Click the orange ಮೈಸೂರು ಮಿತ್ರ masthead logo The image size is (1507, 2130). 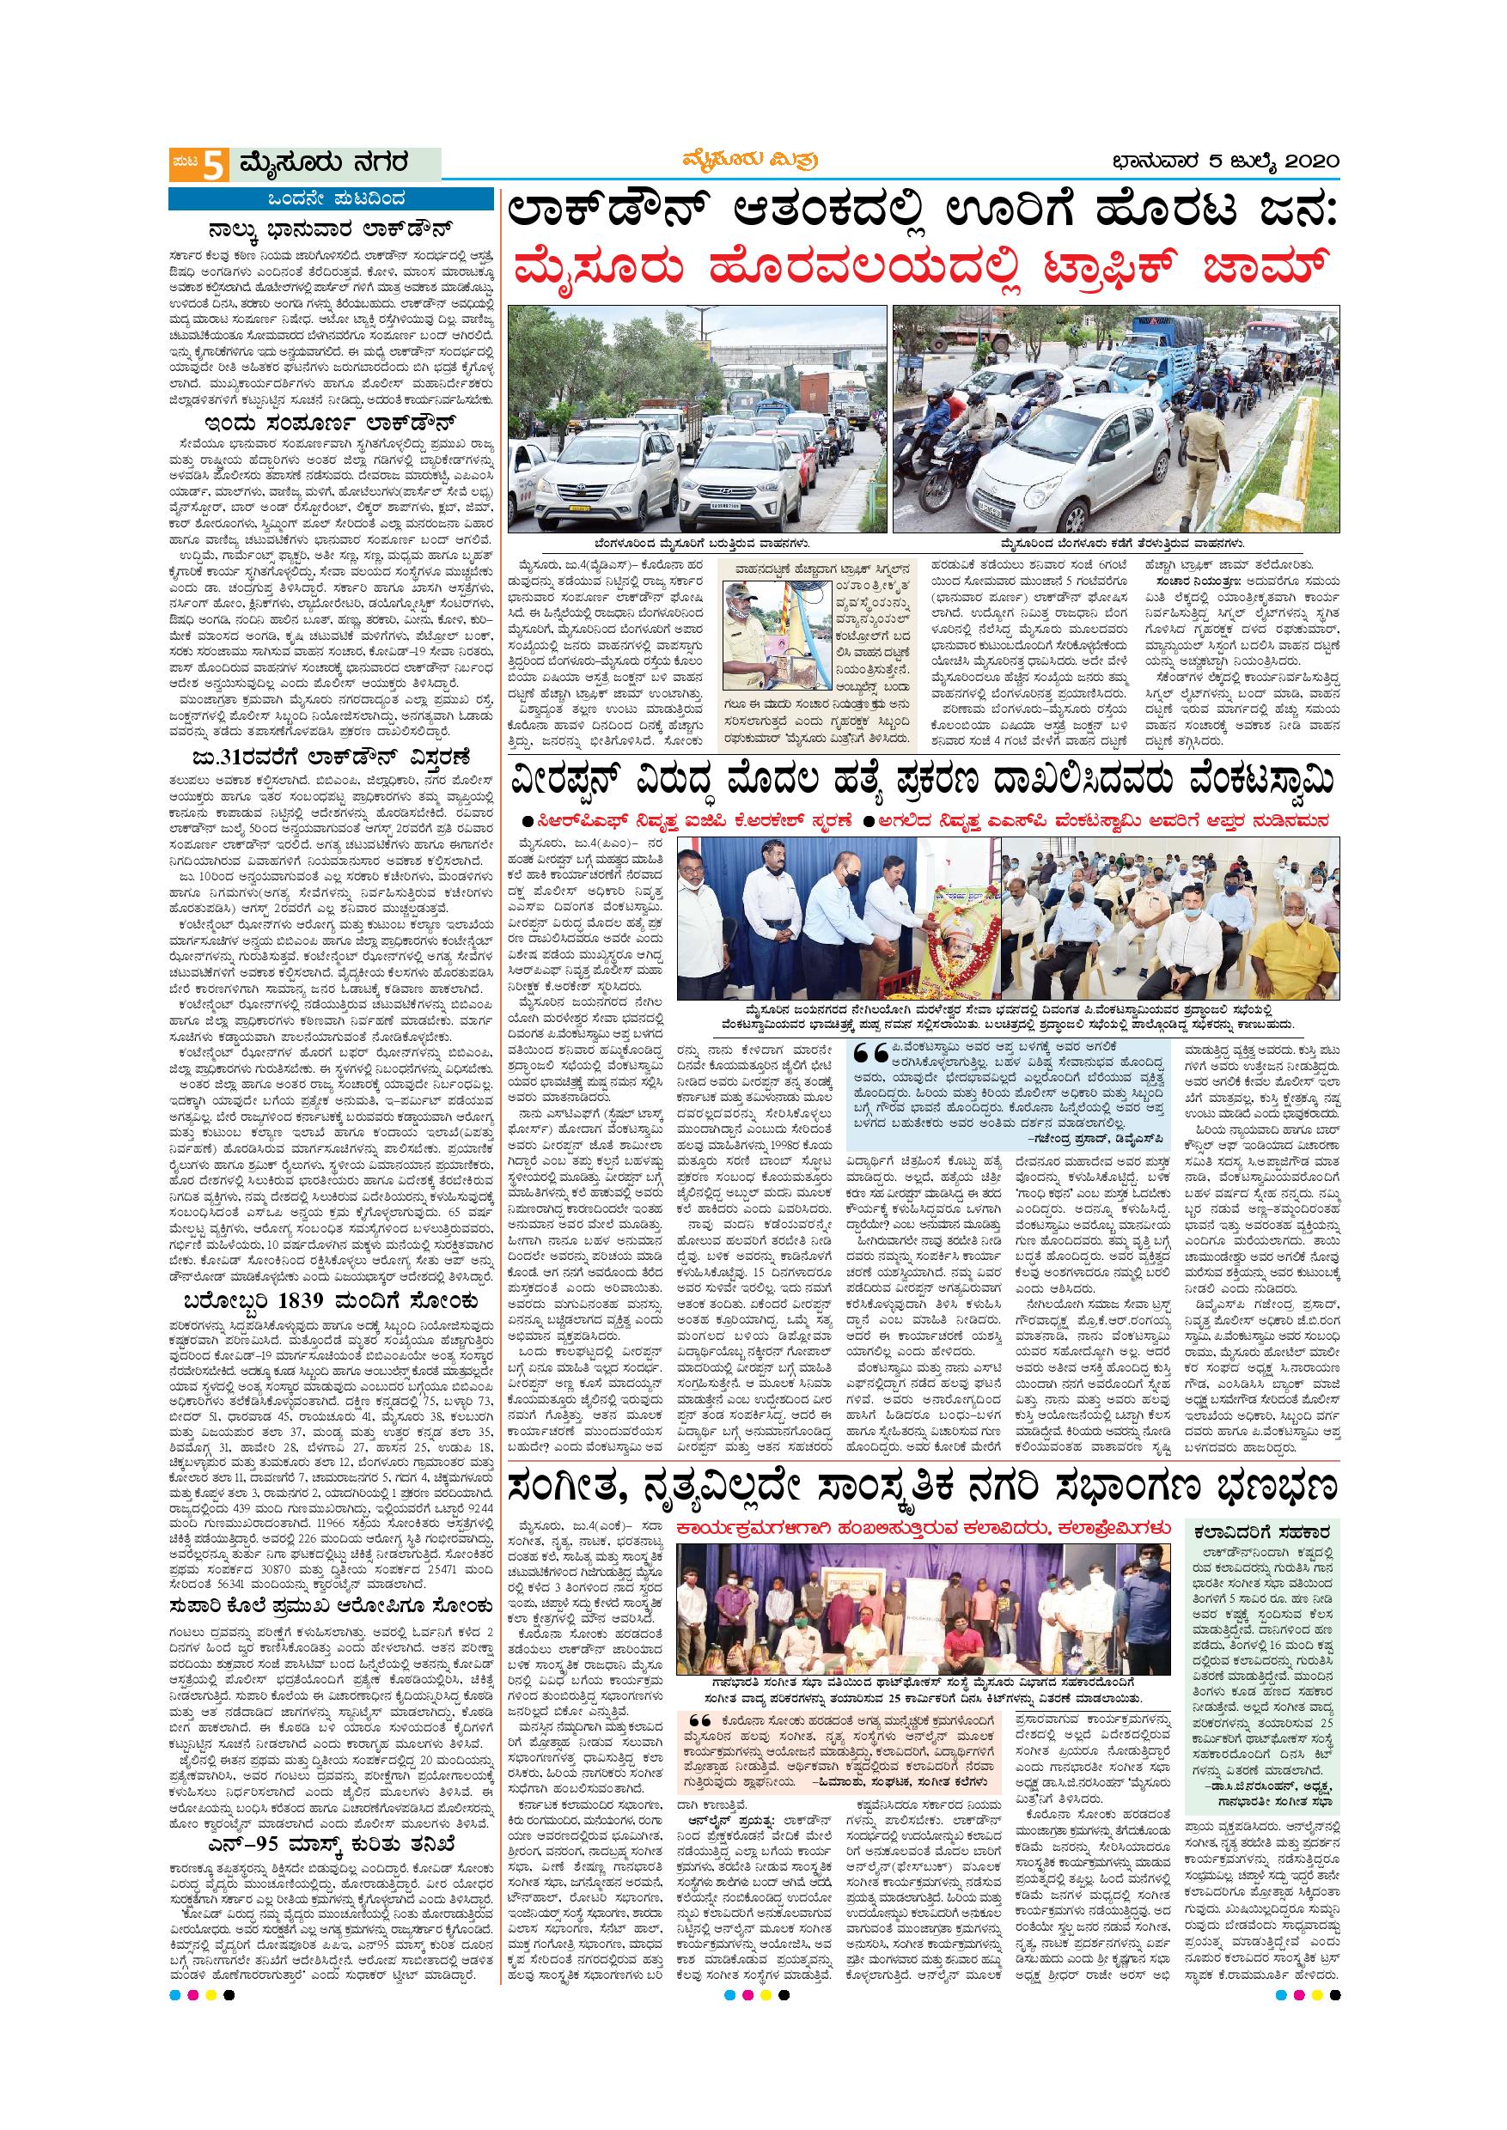[753, 161]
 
